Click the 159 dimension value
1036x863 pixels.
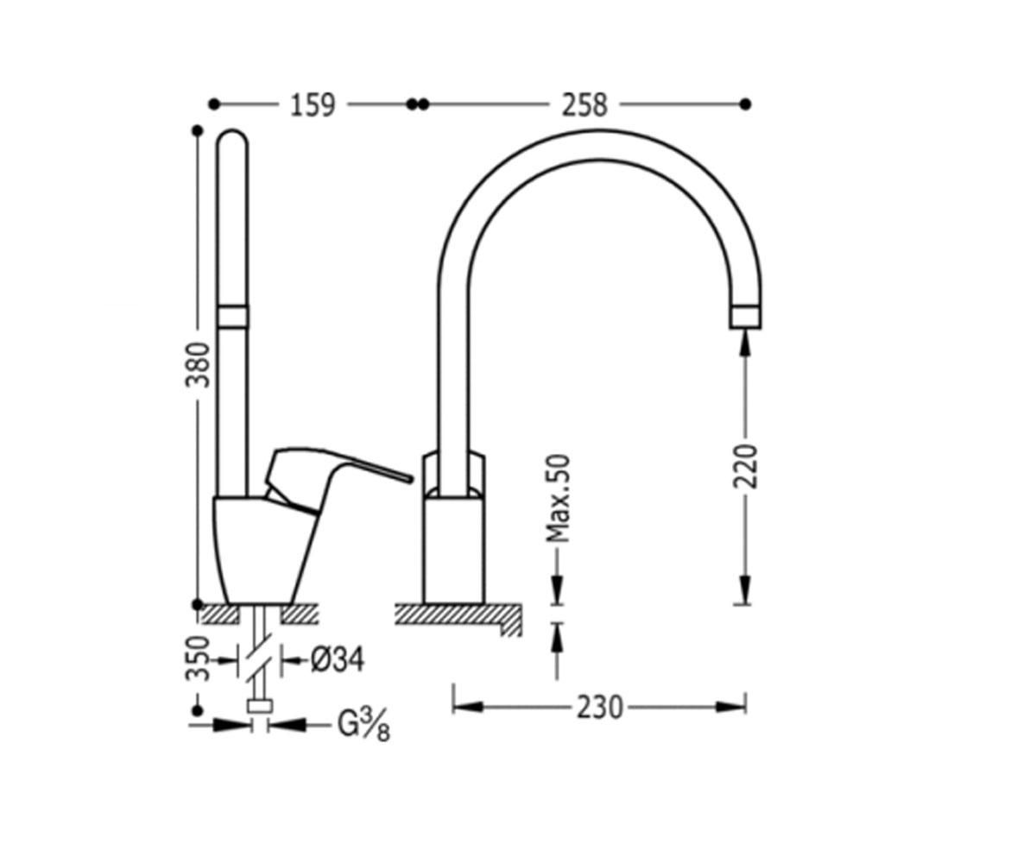point(313,105)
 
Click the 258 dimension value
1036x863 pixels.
point(584,105)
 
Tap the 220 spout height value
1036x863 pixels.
point(746,466)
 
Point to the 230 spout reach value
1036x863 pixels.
point(599,708)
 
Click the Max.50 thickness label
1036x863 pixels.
point(559,499)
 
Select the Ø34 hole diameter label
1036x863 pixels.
point(338,659)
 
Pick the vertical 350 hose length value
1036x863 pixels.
point(198,658)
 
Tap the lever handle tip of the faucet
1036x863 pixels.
point(409,479)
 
